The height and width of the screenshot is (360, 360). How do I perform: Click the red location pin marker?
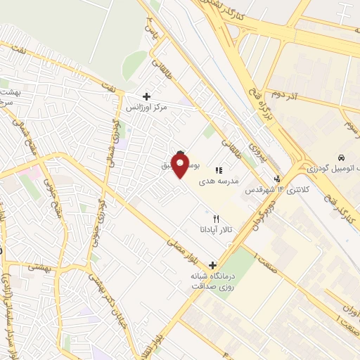point(180,166)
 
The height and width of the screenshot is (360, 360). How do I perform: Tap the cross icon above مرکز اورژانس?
point(146,96)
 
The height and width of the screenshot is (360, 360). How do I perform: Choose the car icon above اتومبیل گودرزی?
point(340,157)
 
